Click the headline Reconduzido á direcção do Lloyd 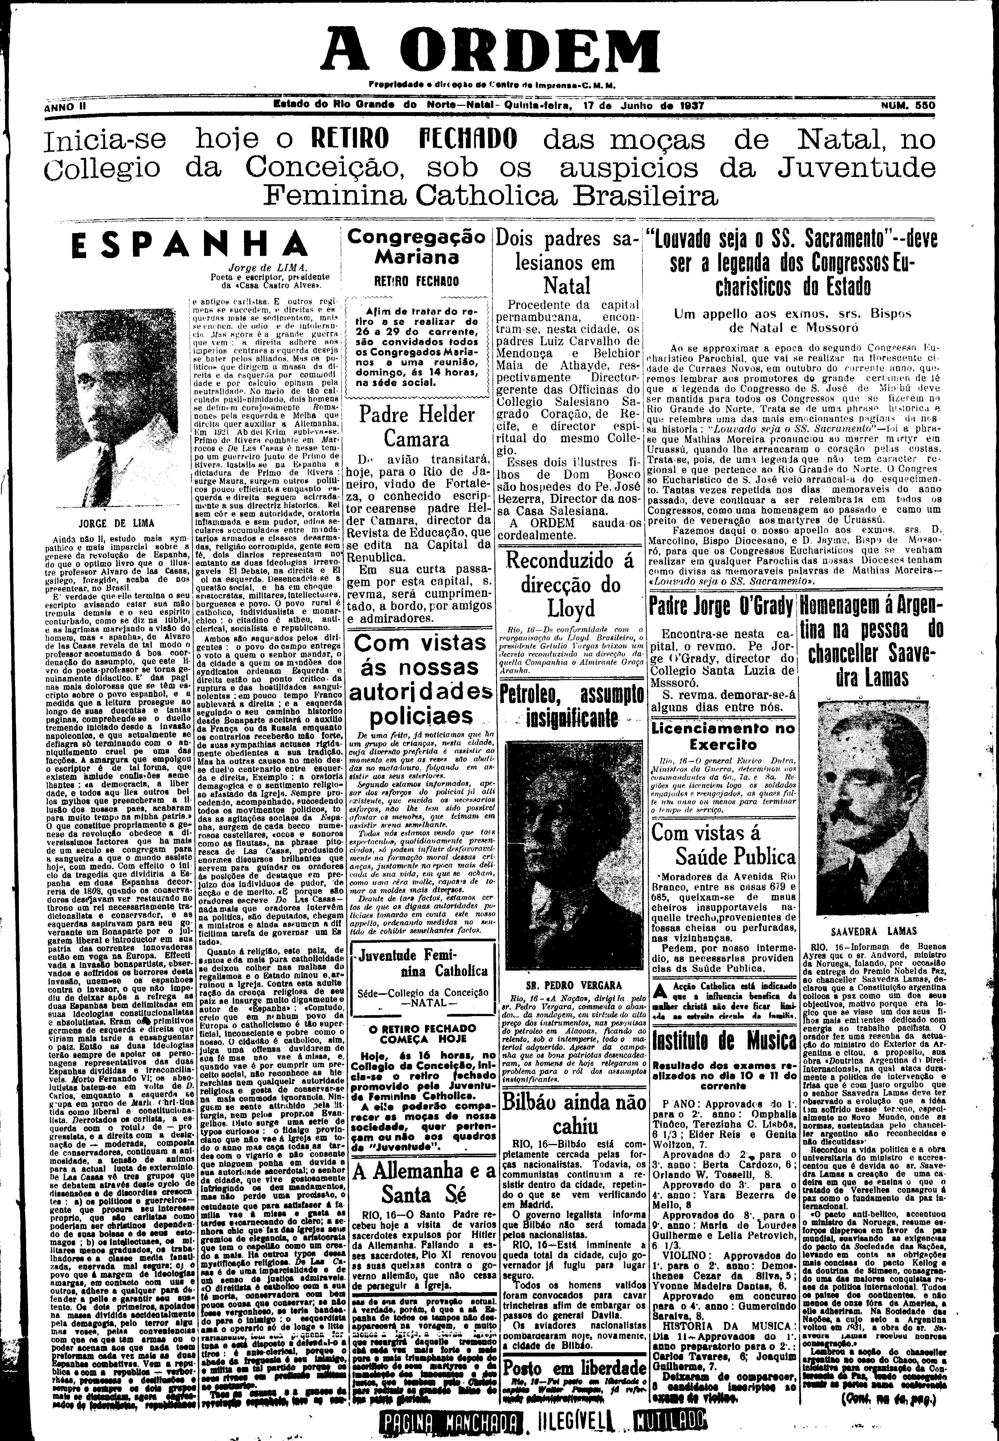tap(569, 584)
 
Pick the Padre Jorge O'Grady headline tap(721, 606)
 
